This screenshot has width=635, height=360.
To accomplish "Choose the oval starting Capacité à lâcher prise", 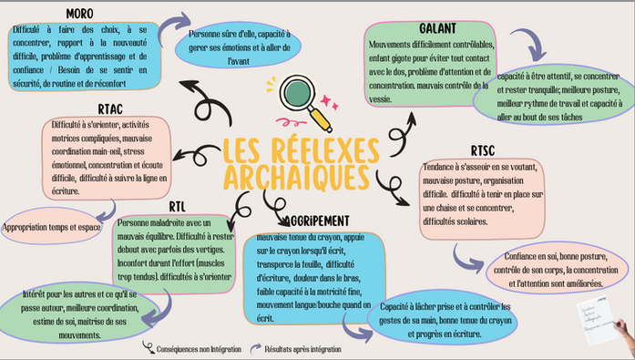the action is tap(441, 320).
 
